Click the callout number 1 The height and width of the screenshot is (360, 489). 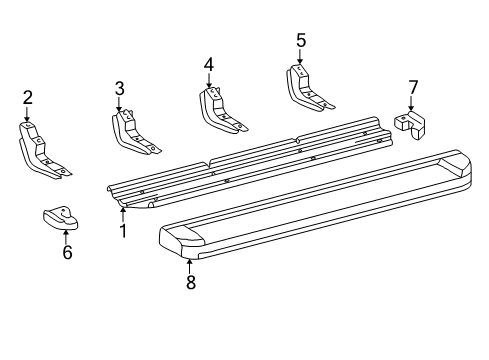coord(123,230)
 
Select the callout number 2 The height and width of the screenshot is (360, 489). coord(28,97)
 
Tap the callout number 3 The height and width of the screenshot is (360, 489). coord(119,88)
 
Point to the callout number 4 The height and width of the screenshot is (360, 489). coord(208,64)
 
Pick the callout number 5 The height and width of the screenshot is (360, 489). coord(300,41)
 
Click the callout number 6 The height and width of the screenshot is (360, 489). coord(66,253)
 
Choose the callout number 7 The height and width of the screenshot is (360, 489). coord(412,87)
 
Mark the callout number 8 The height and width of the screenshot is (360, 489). coord(190,283)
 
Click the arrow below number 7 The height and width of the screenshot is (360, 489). coord(412,105)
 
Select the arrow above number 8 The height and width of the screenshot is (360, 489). coord(190,264)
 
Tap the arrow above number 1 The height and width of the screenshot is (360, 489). coord(123,212)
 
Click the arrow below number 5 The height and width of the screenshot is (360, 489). coord(300,58)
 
